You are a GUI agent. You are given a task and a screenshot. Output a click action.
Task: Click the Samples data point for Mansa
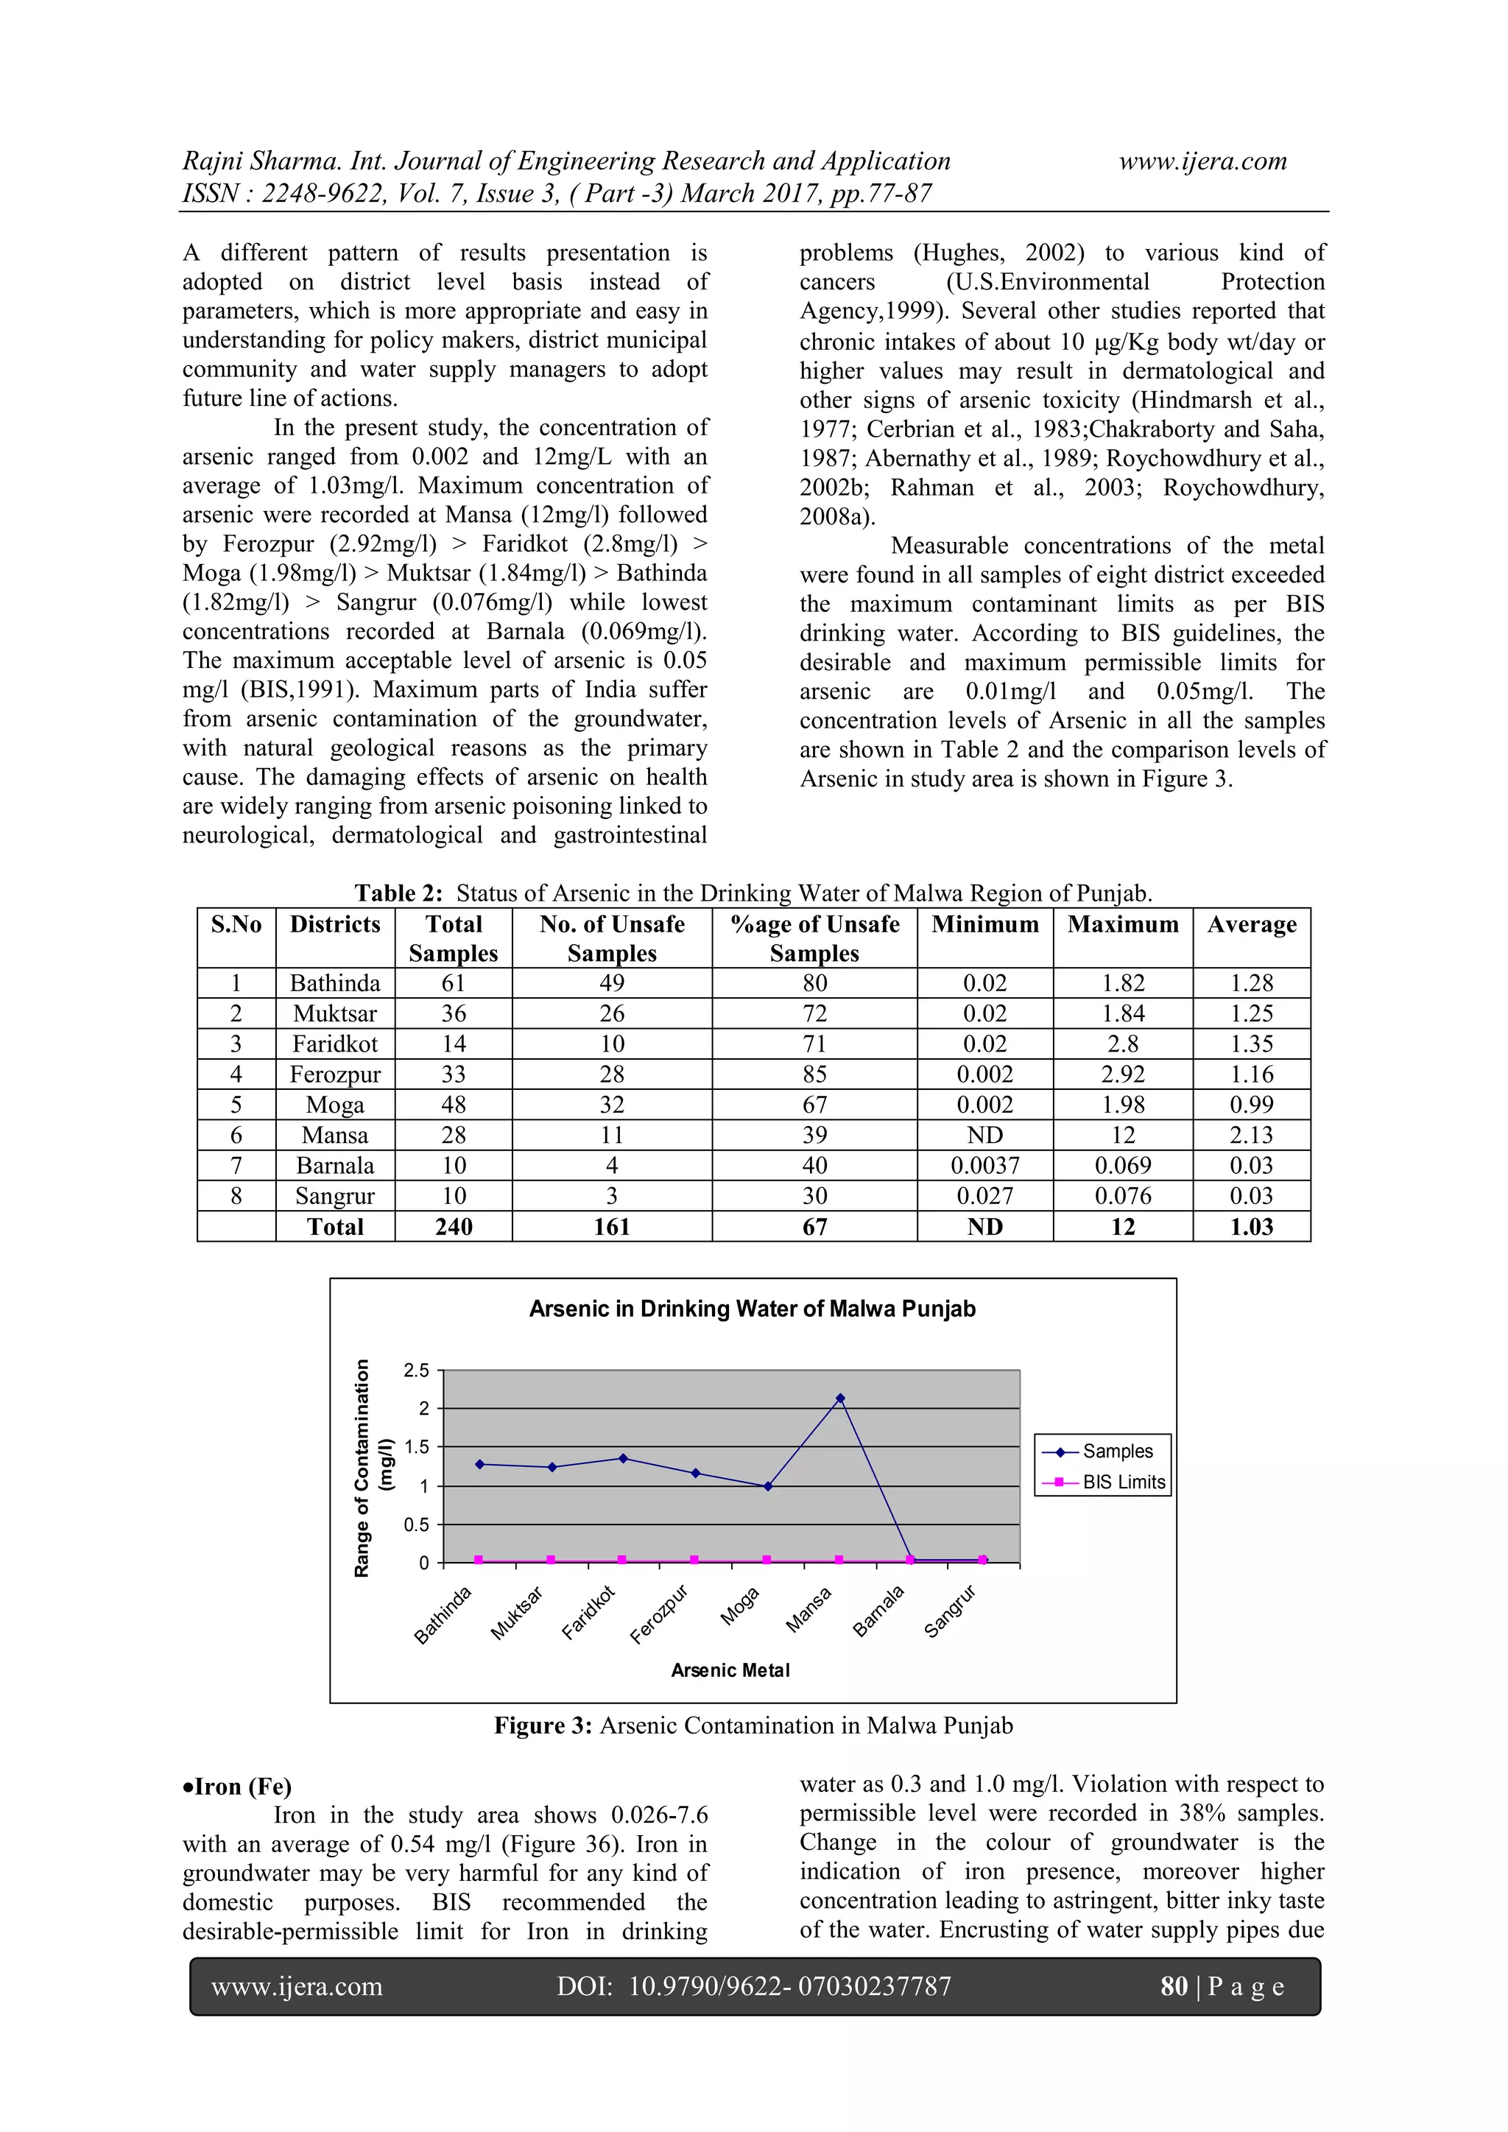click(839, 1399)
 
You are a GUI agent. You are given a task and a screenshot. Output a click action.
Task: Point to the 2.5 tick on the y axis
click(417, 1371)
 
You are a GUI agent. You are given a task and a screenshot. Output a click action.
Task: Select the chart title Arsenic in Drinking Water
click(752, 1309)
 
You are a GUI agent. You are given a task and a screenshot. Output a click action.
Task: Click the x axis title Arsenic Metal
click(730, 1670)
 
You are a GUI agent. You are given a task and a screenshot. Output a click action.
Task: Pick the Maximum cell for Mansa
click(1123, 1135)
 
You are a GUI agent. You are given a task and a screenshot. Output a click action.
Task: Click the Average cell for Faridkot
click(1251, 1044)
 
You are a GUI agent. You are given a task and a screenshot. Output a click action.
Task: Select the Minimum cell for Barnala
click(984, 1165)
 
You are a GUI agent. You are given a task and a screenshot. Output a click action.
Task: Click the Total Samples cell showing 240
click(453, 1227)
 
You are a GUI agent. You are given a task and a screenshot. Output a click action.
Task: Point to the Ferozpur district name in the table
click(335, 1074)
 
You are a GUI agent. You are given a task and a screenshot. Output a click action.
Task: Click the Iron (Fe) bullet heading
click(238, 1787)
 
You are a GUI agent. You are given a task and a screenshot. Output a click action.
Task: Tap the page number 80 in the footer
click(1174, 1986)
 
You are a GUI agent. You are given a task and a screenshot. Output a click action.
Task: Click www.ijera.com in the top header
click(1202, 161)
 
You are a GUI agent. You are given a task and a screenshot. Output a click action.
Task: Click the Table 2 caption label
click(398, 893)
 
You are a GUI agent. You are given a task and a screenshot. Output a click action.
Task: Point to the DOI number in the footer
click(789, 1986)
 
